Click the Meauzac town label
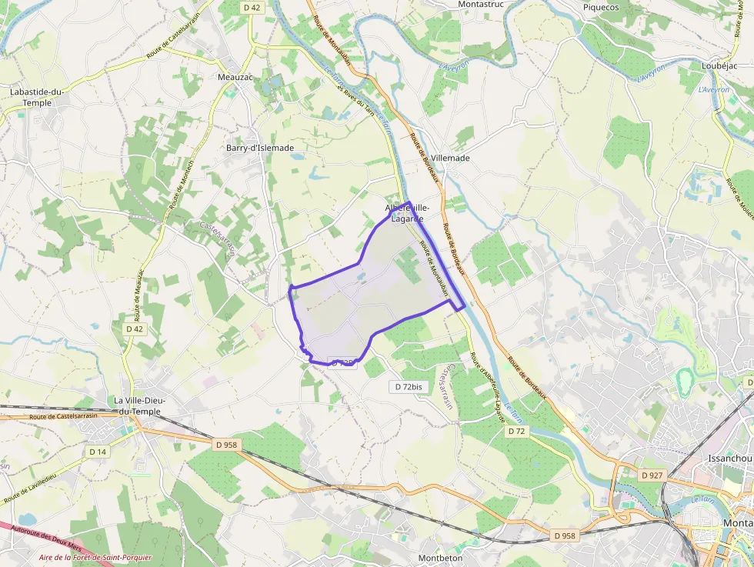click(235, 77)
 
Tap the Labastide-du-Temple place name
click(36, 97)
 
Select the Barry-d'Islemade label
click(260, 148)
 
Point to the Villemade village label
click(450, 158)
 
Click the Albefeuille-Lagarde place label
click(407, 213)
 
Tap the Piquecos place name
click(601, 7)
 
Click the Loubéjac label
click(719, 66)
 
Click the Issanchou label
click(729, 459)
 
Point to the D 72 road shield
click(516, 432)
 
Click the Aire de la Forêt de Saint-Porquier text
click(95, 557)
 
